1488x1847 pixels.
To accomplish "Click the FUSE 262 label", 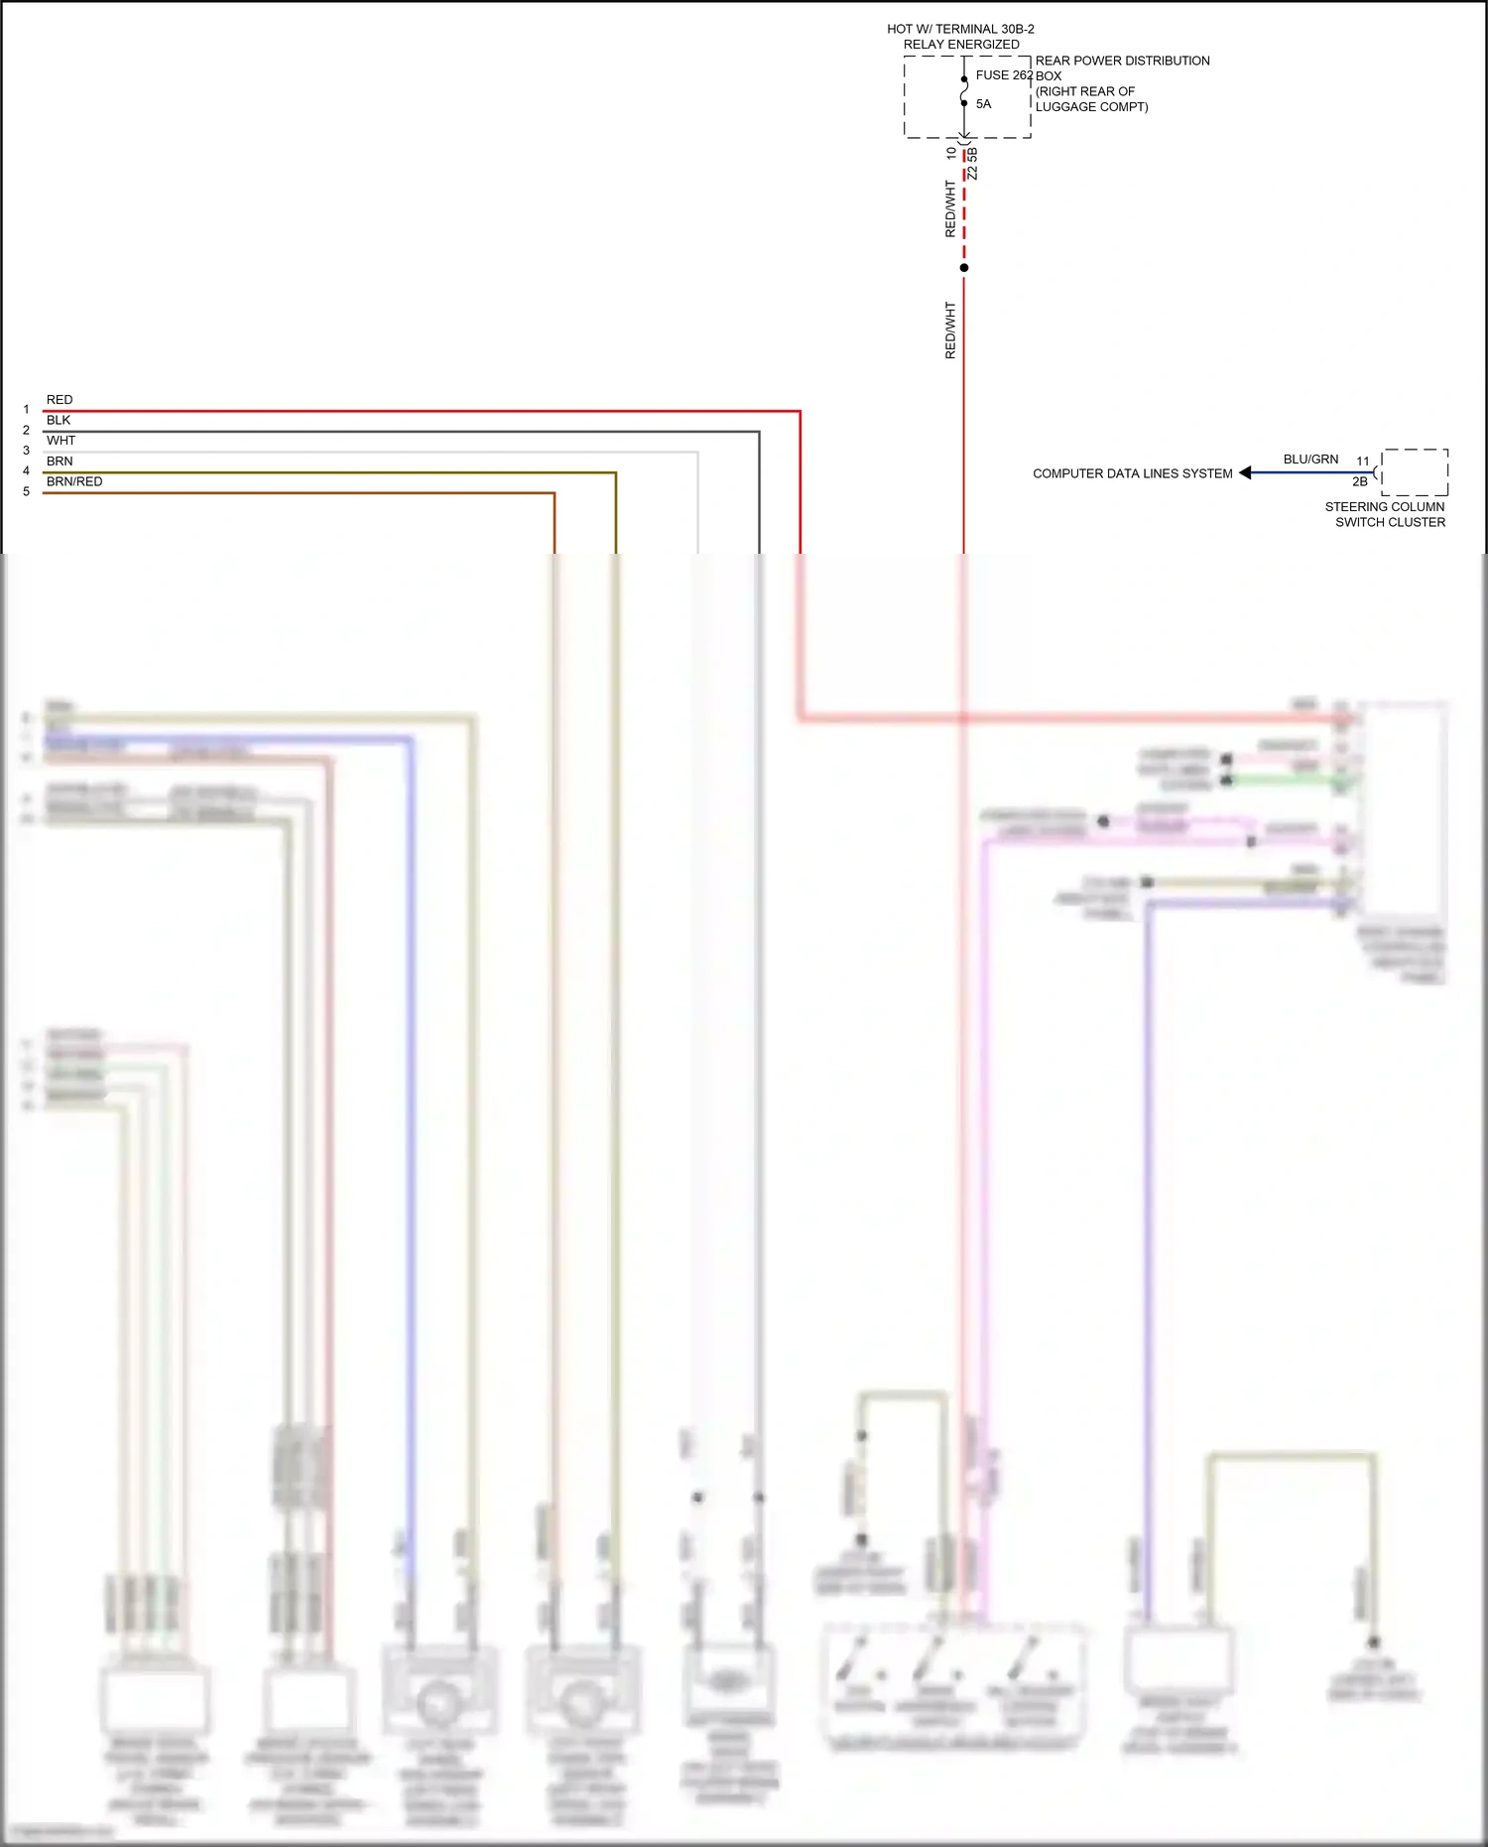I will click(1003, 75).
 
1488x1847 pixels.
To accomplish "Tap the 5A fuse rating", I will click(983, 104).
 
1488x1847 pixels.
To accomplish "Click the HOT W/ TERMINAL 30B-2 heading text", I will click(960, 30).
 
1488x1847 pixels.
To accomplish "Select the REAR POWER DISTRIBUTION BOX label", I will click(1121, 67).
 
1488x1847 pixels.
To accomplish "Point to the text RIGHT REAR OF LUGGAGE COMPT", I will click(1091, 99).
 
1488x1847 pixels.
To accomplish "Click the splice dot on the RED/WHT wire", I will click(964, 268).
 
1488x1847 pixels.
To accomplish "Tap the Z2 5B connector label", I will click(973, 165).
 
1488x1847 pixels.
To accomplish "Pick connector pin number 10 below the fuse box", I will click(951, 153).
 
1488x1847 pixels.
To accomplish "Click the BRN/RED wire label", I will click(74, 482).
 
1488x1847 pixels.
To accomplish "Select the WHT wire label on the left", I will click(61, 441).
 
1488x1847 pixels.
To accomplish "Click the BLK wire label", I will click(59, 421).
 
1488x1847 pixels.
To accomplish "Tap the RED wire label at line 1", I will click(60, 400).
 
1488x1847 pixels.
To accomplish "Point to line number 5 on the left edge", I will click(27, 492).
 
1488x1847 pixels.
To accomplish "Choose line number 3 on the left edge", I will click(27, 451).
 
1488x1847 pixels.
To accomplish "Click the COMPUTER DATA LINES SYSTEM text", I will click(1132, 474).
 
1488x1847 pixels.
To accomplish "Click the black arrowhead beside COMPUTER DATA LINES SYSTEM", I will click(1246, 473).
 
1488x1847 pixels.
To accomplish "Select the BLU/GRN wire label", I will click(1310, 460).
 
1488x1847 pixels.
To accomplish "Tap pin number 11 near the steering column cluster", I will click(1363, 462).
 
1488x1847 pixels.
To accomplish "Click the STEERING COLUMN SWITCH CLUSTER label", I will click(1387, 514).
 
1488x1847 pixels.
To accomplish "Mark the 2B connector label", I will click(1359, 482).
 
